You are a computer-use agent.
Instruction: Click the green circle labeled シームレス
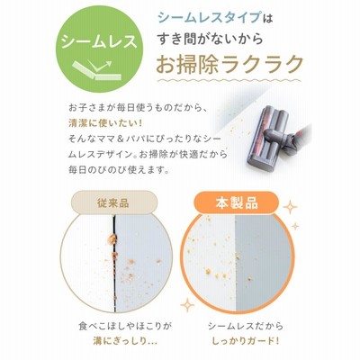[99, 49]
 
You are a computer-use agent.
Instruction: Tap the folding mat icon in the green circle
[97, 70]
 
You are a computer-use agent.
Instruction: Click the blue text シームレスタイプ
[209, 18]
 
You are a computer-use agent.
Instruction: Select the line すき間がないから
[211, 40]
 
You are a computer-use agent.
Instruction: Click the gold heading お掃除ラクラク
[229, 64]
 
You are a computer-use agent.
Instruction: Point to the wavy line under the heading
[230, 80]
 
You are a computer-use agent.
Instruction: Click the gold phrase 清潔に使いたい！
[104, 123]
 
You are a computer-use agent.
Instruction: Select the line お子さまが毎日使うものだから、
[138, 108]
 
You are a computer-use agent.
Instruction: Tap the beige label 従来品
[113, 203]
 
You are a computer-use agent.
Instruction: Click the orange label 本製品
[237, 203]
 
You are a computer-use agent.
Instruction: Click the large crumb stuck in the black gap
[112, 238]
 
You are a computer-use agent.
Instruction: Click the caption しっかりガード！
[246, 341]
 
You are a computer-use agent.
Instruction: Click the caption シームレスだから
[246, 326]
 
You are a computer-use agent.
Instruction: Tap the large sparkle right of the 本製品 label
[290, 207]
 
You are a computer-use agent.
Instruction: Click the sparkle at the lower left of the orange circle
[187, 305]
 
